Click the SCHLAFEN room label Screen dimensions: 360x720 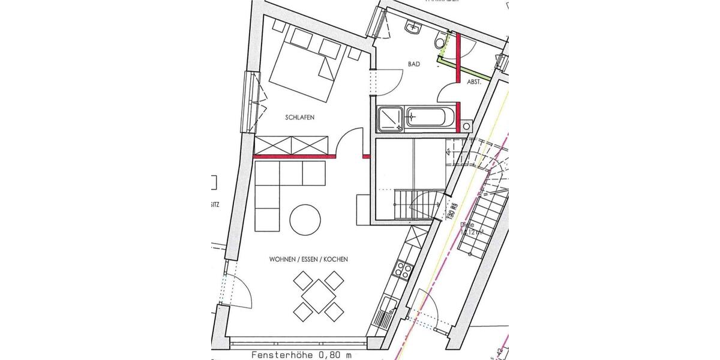[x=299, y=118]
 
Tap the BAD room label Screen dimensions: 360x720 [x=413, y=64]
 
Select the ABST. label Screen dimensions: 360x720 [x=474, y=82]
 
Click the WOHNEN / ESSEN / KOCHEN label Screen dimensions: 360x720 [x=308, y=259]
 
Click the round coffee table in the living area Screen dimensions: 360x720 [x=305, y=220]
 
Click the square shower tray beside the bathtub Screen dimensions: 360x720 [x=391, y=118]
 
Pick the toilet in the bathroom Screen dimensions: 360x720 [x=440, y=41]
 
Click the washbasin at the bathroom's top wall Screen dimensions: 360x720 [x=413, y=26]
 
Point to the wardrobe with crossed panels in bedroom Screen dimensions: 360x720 [x=292, y=145]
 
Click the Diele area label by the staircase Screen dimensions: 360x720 [x=468, y=229]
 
